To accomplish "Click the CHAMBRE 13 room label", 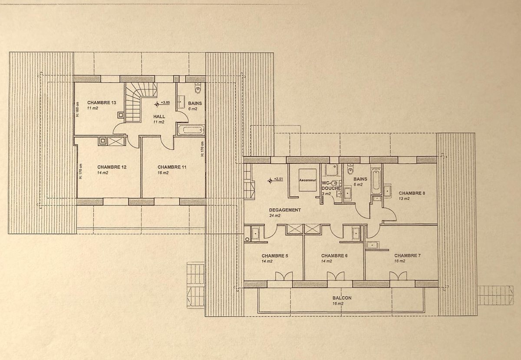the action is [102, 102].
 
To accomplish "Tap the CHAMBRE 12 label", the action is [112, 167].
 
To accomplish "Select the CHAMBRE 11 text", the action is [172, 167].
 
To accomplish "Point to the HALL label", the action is [159, 116].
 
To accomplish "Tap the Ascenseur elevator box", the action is [307, 180].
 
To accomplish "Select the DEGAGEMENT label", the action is [285, 210].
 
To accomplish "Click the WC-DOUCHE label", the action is [331, 185].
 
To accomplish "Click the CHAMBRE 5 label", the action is [275, 256].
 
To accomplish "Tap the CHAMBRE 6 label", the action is [334, 255].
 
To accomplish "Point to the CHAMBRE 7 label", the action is [408, 255].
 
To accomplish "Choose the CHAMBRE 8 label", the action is [412, 193].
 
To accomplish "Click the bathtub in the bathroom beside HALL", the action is [191, 130].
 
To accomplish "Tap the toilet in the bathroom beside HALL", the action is [198, 89].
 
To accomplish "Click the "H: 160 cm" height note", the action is [77, 109].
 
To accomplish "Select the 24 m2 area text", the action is [275, 215].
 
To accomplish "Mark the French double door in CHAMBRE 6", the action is [336, 276].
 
